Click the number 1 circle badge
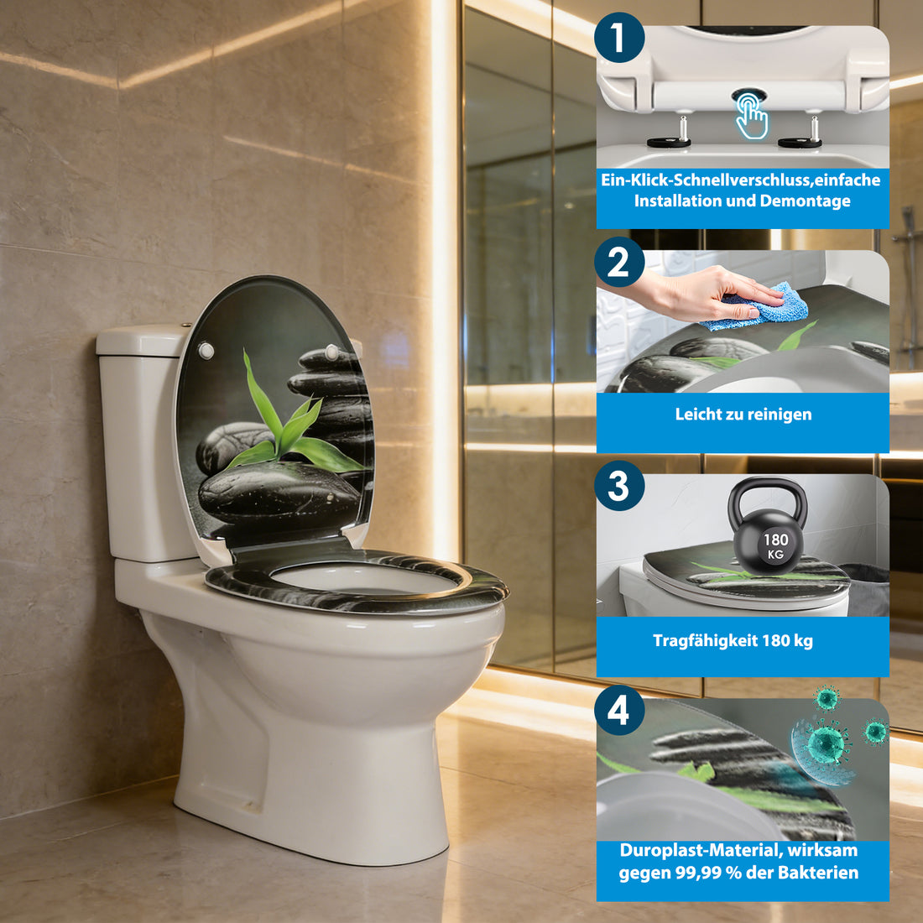click(619, 39)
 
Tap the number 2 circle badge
click(619, 263)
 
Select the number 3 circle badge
click(619, 486)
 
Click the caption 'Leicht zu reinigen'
click(743, 414)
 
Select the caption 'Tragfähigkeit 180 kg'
click(733, 641)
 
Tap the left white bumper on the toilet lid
click(205, 351)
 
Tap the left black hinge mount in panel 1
click(669, 142)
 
